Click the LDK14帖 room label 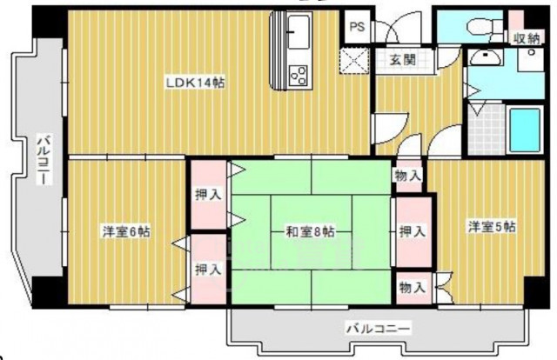197,83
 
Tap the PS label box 357,27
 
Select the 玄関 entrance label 401,60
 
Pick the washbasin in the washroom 482,58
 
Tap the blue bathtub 525,129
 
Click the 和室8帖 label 311,232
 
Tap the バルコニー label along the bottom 379,330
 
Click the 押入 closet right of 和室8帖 412,231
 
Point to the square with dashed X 357,62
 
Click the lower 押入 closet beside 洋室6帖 206,270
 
